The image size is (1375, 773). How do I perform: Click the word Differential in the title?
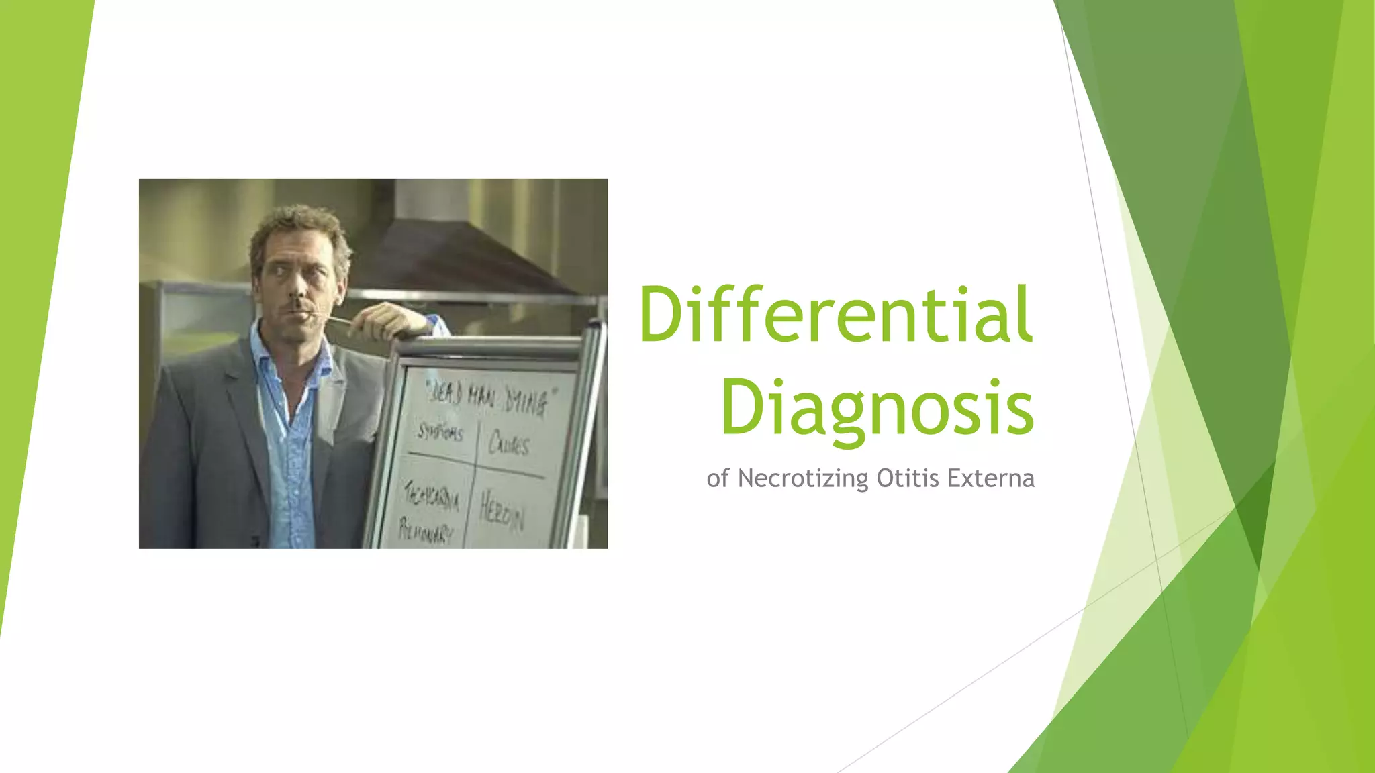836,314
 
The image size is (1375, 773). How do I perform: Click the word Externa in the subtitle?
991,478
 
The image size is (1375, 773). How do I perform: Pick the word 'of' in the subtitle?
717,478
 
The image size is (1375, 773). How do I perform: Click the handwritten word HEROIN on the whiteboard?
501,513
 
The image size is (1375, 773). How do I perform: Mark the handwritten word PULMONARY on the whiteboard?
425,531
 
